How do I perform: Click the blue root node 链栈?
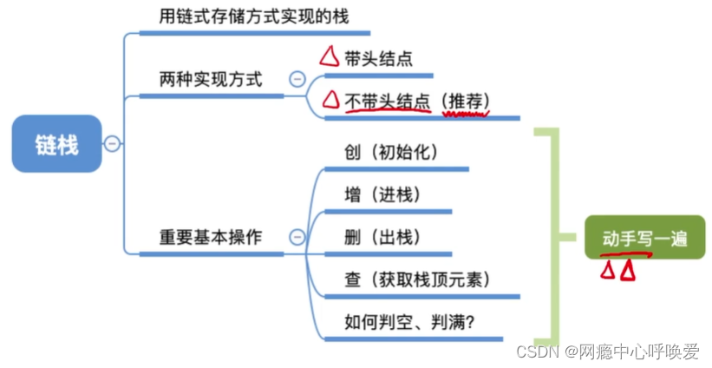[56, 144]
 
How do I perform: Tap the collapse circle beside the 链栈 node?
[112, 144]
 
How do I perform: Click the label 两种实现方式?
[211, 79]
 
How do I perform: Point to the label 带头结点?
[378, 59]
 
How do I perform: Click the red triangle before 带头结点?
[329, 58]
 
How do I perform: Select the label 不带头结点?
[388, 102]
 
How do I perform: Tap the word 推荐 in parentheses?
[466, 102]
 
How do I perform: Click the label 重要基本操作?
[211, 237]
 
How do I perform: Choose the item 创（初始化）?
[391, 152]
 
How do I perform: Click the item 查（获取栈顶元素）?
[417, 279]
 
